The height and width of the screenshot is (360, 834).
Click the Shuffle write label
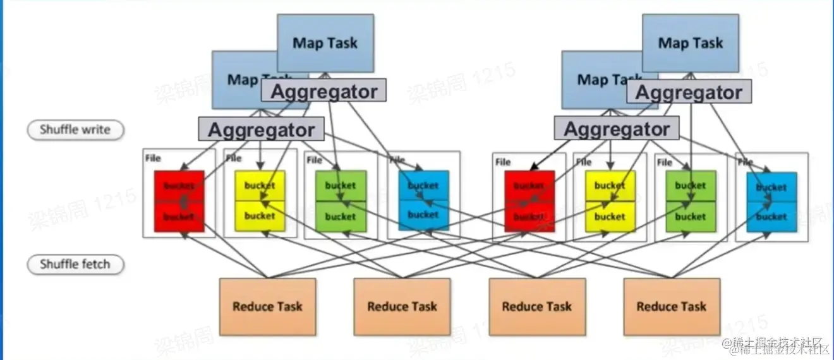[x=75, y=130]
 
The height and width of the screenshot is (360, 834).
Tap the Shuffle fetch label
[x=75, y=264]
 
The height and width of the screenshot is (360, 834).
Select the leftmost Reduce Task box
[x=267, y=306]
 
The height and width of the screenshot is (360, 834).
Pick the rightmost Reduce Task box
[x=671, y=306]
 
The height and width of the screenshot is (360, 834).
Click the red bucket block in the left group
[x=179, y=201]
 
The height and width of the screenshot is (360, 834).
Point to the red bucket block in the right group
[x=529, y=201]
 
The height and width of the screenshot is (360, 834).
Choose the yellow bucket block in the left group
[x=260, y=201]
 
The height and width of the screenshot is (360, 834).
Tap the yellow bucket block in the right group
[x=610, y=201]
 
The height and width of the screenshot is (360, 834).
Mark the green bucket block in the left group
[x=341, y=201]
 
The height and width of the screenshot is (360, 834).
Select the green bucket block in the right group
[x=690, y=201]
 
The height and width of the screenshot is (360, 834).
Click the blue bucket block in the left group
[x=423, y=200]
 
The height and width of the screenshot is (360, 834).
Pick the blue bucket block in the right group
[x=771, y=201]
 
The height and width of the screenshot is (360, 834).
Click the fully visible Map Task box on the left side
[x=325, y=43]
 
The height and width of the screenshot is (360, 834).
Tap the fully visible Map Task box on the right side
[x=690, y=43]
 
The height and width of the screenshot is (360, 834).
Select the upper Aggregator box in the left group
[x=323, y=91]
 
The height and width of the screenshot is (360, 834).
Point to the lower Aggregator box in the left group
[x=261, y=129]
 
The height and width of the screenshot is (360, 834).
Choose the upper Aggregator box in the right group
[x=689, y=92]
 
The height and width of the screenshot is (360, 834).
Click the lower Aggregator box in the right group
[x=617, y=129]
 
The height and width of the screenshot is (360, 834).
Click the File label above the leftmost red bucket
[x=153, y=158]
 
